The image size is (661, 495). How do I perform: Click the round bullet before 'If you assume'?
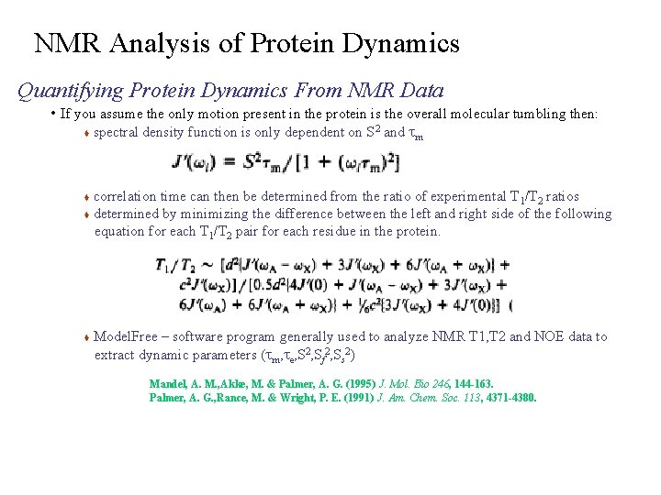point(54,115)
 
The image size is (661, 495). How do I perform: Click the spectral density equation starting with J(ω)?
point(285,162)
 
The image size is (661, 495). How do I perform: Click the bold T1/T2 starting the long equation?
point(174,266)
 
